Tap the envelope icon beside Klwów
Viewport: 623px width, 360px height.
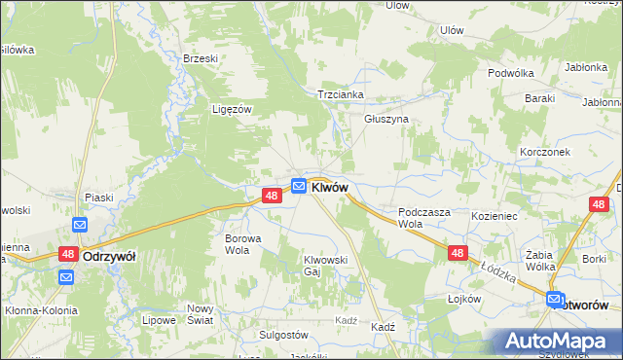click(299, 185)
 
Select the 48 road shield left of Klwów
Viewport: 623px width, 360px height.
click(273, 196)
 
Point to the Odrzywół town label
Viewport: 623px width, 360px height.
click(109, 256)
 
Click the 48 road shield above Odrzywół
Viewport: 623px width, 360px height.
click(67, 254)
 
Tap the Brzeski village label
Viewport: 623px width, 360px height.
click(200, 58)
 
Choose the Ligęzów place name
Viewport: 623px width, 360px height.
click(232, 110)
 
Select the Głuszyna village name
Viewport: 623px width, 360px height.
click(385, 119)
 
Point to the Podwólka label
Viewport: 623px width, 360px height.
click(513, 72)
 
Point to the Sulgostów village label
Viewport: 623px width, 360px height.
click(282, 334)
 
